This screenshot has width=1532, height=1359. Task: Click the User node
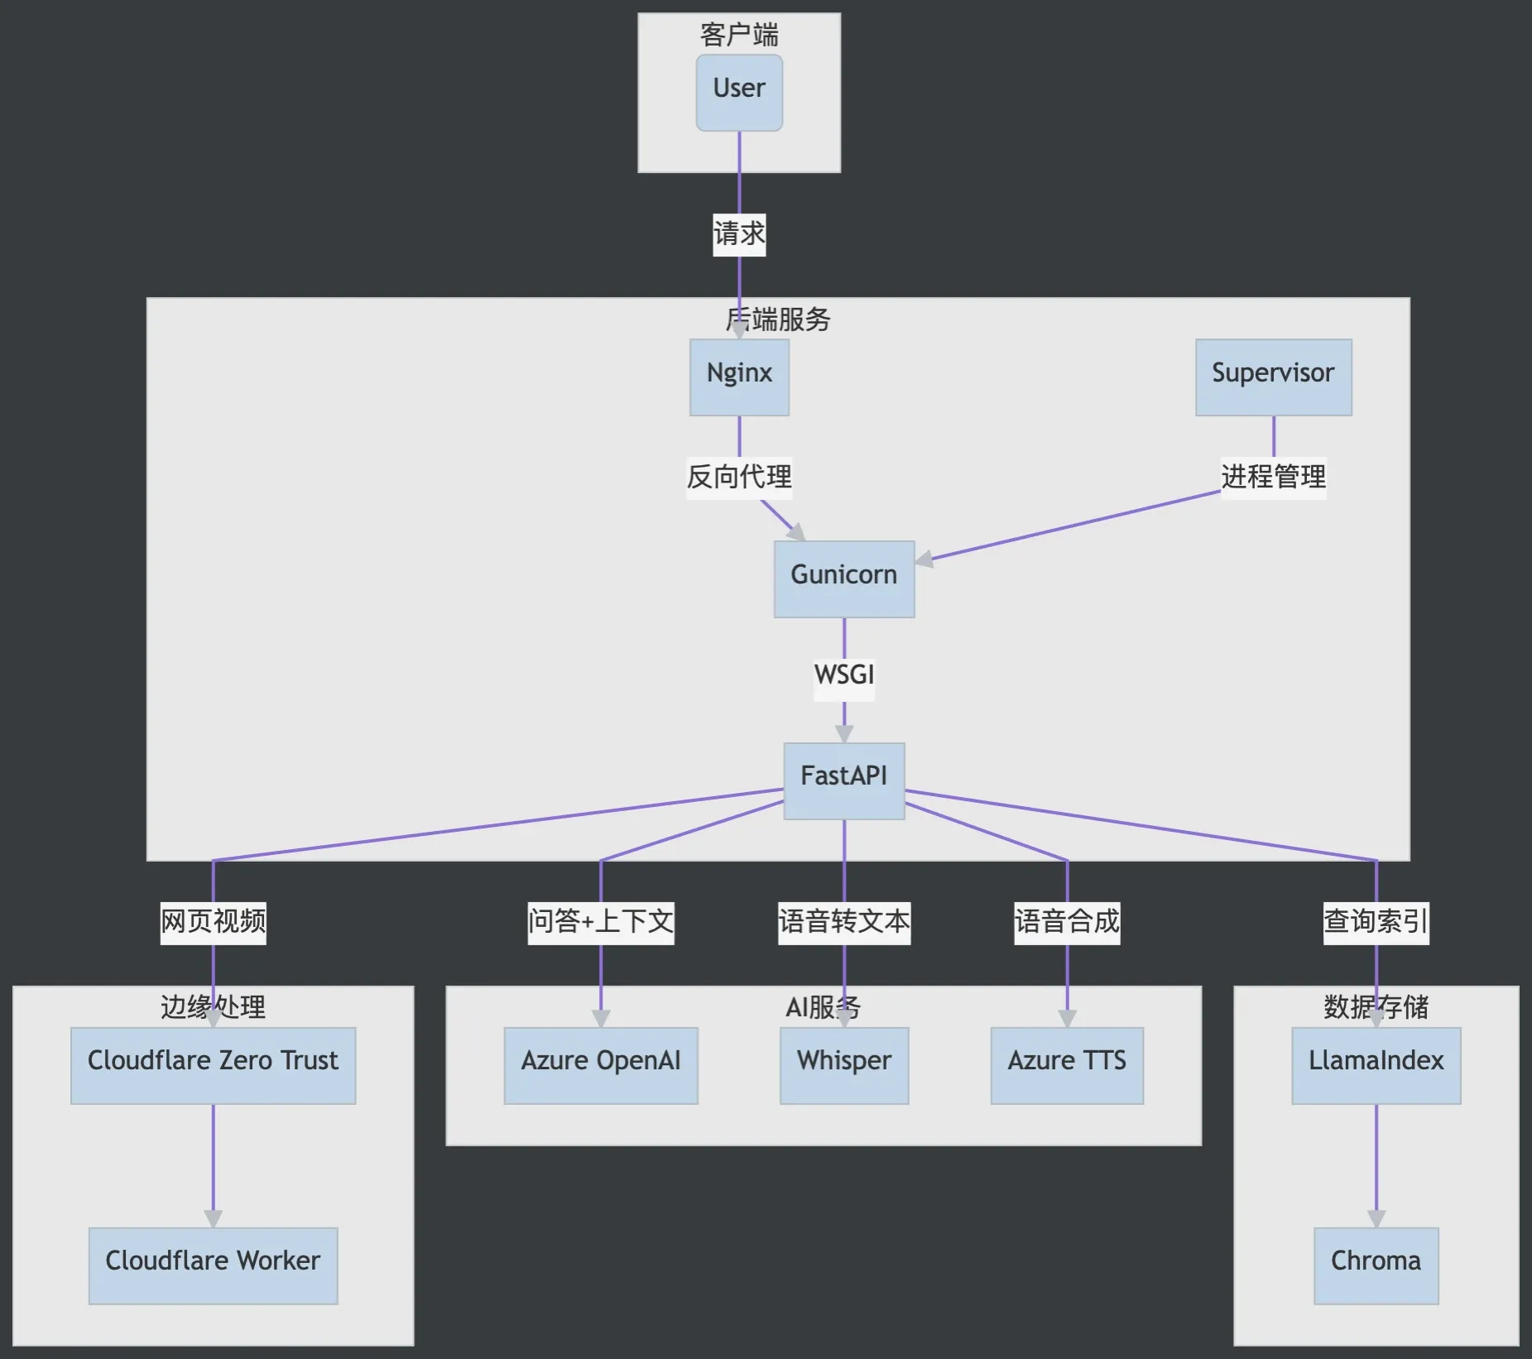pos(739,92)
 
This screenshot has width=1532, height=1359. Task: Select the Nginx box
pos(739,377)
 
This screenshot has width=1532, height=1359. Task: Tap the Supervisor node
pos(1273,377)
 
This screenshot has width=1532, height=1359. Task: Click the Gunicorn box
pos(843,579)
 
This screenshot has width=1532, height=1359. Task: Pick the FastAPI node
pos(843,780)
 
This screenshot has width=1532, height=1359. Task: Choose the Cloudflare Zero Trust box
pos(213,1065)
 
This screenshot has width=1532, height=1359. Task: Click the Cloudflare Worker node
pos(213,1265)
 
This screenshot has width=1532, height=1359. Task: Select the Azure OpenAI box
pos(601,1065)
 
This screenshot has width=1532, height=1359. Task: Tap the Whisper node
pos(843,1065)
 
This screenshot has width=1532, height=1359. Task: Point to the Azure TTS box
pos(1067,1065)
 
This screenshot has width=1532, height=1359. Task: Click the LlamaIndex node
pos(1376,1065)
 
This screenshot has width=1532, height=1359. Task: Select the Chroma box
pos(1376,1265)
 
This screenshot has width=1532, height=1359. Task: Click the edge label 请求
pos(739,234)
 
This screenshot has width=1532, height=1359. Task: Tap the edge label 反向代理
pos(739,478)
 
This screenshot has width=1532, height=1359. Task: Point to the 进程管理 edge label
pos(1273,478)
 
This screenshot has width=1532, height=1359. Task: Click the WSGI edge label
pos(843,675)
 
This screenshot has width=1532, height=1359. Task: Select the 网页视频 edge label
pos(213,922)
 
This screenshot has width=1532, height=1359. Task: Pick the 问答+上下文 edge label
pos(601,922)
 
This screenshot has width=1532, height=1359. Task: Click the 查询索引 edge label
pos(1376,922)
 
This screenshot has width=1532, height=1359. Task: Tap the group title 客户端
pos(739,35)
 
